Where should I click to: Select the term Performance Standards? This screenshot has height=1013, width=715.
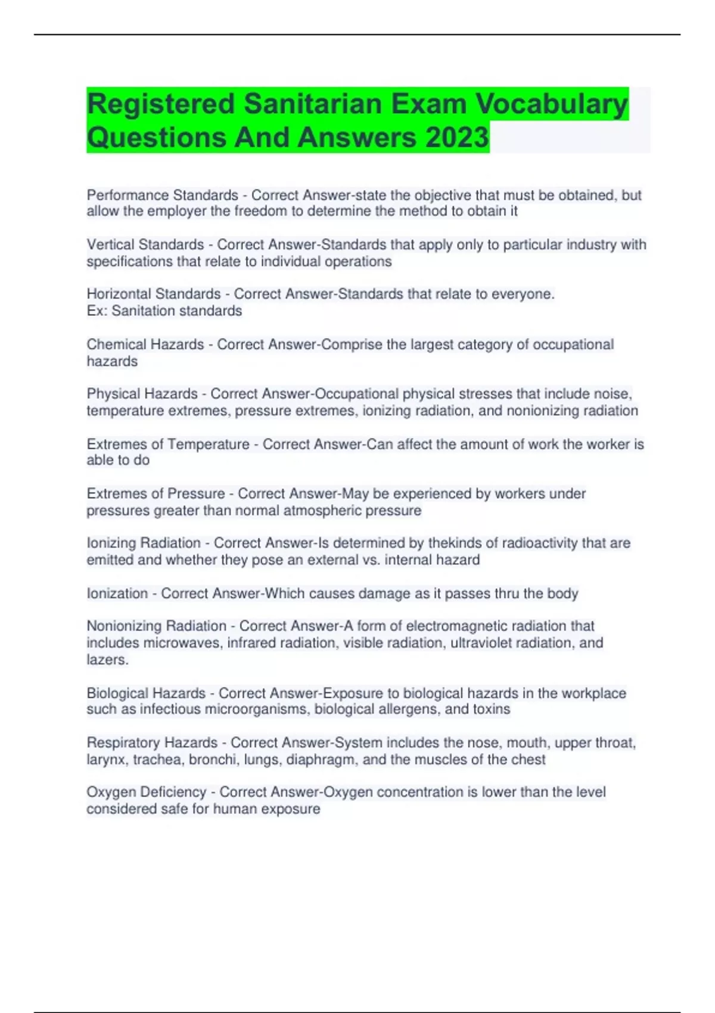click(162, 195)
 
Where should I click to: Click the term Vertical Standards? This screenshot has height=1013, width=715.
click(145, 244)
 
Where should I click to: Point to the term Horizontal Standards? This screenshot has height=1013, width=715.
click(154, 294)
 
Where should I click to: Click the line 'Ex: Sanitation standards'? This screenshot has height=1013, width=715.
click(164, 310)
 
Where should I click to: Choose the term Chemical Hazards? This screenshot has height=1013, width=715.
click(145, 344)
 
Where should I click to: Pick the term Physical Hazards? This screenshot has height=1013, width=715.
click(142, 394)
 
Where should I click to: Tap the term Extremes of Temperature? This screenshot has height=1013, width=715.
click(168, 444)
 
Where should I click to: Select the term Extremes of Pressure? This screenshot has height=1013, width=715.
click(156, 493)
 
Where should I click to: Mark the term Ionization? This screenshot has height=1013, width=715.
click(117, 593)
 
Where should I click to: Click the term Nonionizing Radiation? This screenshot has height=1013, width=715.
click(156, 626)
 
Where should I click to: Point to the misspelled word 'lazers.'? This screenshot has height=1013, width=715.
click(108, 660)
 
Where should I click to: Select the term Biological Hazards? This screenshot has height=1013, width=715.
click(146, 693)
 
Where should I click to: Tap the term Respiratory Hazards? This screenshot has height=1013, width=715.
click(152, 742)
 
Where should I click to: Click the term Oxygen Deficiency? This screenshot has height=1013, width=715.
click(146, 792)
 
